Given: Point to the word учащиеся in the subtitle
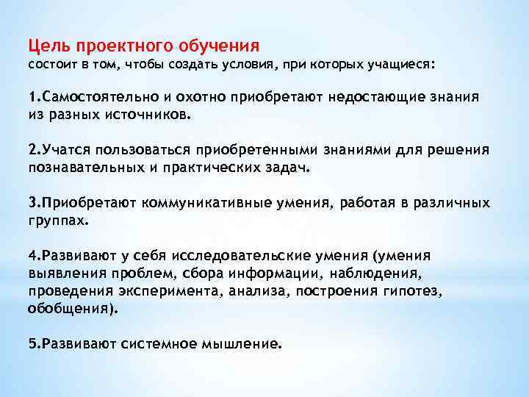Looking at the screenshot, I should point(402,65).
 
